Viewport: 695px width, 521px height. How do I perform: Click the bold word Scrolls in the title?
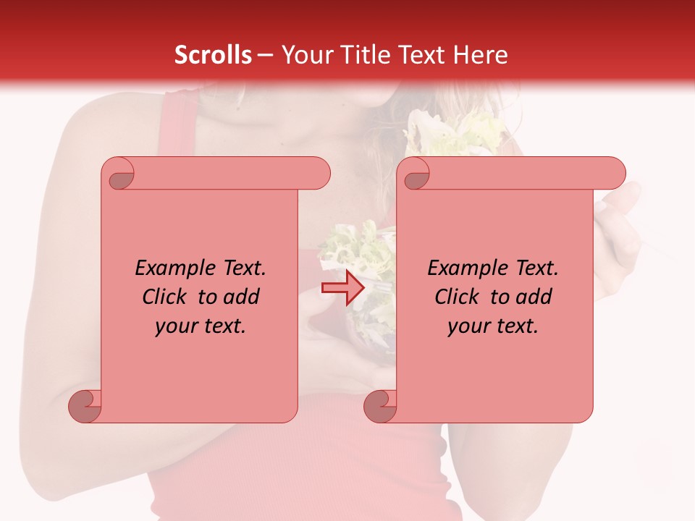[x=213, y=55]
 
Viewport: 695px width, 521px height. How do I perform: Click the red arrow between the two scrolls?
[x=342, y=288]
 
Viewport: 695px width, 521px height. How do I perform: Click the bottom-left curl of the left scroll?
[x=85, y=406]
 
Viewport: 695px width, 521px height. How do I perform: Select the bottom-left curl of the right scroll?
[x=381, y=406]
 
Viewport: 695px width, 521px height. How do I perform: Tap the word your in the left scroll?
[x=175, y=326]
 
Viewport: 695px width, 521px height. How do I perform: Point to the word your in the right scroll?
[x=468, y=326]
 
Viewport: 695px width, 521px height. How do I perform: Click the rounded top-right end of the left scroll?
[x=319, y=174]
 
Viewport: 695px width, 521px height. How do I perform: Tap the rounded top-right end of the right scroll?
[x=614, y=174]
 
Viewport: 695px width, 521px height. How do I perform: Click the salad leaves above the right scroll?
[x=456, y=134]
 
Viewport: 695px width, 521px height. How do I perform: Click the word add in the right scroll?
[x=534, y=297]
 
